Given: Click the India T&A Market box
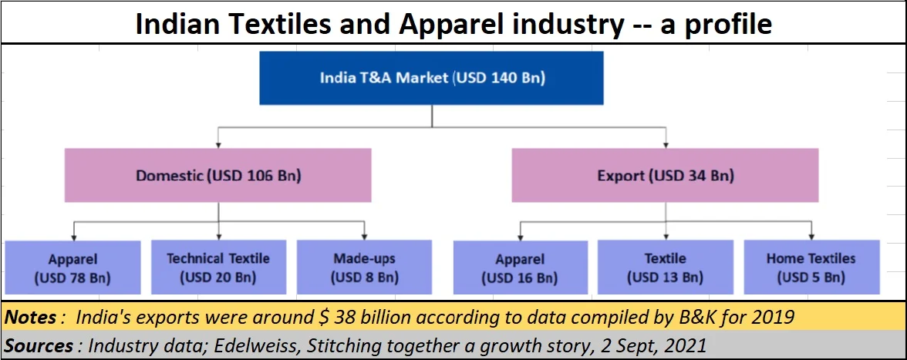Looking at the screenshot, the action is [431, 78].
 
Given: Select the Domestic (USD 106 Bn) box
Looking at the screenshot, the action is [218, 175].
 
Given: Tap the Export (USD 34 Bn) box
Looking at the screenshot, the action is [665, 175].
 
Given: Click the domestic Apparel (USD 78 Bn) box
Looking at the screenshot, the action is [72, 267].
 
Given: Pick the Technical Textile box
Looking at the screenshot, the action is [218, 267].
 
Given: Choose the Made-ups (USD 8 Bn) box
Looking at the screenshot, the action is [364, 267].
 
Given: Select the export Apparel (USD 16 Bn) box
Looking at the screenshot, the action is [520, 267].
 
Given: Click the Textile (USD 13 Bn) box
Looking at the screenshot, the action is [665, 267].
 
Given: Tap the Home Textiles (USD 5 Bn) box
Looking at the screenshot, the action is [811, 267].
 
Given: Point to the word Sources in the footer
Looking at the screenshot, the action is [39, 345].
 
